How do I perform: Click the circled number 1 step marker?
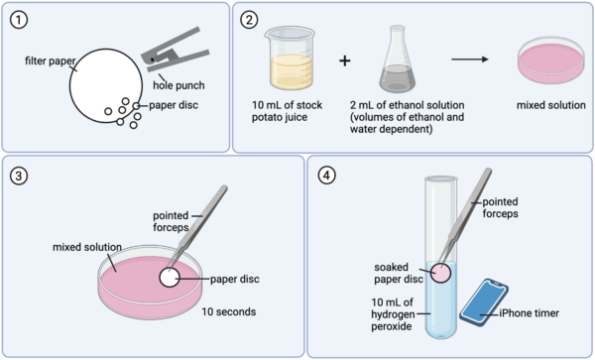point(21,19)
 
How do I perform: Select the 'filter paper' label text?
point(46,62)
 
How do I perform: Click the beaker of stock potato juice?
point(287,61)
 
